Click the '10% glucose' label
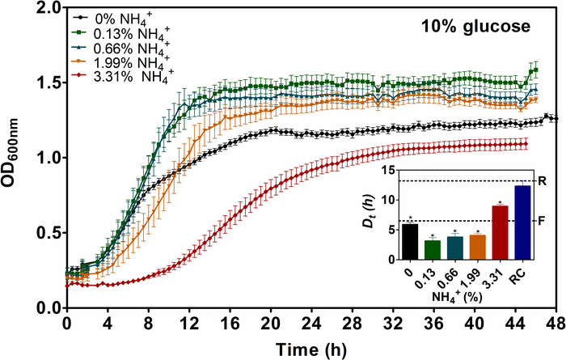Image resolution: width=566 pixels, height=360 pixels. click(475, 27)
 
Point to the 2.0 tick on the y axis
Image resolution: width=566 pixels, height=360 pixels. click(49, 7)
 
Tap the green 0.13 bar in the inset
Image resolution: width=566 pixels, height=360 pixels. click(433, 251)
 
